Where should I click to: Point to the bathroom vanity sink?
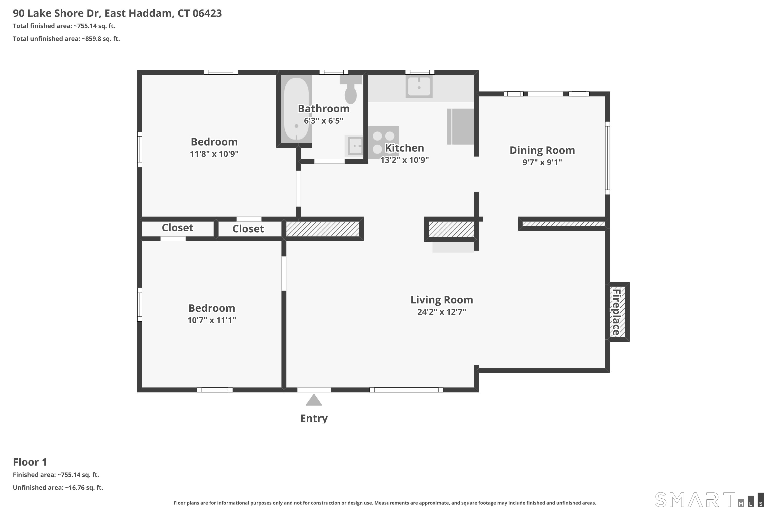[x=354, y=146]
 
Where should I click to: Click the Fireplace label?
[x=616, y=312]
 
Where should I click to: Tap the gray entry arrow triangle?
[x=314, y=400]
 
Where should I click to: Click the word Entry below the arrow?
[x=314, y=418]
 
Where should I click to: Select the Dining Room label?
[x=542, y=150]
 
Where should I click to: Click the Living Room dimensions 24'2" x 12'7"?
[x=442, y=312]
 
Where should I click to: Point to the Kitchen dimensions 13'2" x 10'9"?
[x=404, y=160]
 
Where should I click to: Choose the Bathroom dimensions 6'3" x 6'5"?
[x=323, y=121]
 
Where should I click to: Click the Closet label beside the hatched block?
[x=248, y=229]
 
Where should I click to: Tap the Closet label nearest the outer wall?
[x=177, y=228]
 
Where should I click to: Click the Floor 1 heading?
[x=30, y=462]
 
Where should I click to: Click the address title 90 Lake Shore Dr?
[x=57, y=13]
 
